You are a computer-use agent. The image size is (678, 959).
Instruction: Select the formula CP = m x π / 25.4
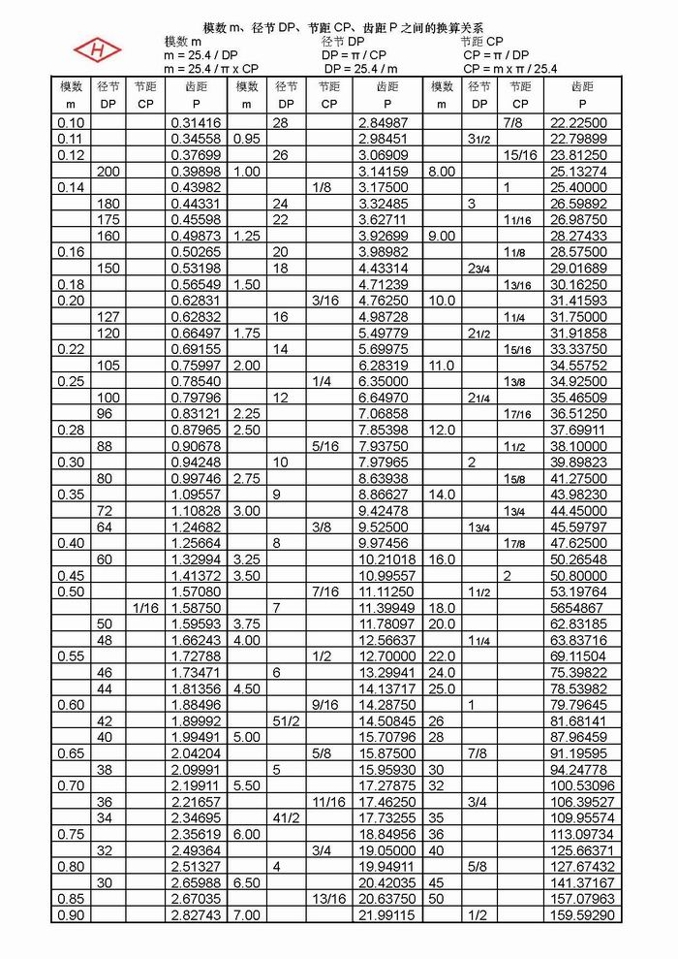(509, 69)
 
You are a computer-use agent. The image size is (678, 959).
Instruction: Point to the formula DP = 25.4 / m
(360, 69)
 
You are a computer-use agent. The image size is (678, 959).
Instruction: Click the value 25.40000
(578, 187)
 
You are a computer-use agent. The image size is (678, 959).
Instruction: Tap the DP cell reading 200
(108, 172)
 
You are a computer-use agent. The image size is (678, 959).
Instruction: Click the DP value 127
(108, 317)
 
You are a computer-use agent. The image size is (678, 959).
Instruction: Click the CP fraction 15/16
(520, 155)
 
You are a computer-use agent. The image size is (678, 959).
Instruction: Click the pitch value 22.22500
(578, 123)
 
